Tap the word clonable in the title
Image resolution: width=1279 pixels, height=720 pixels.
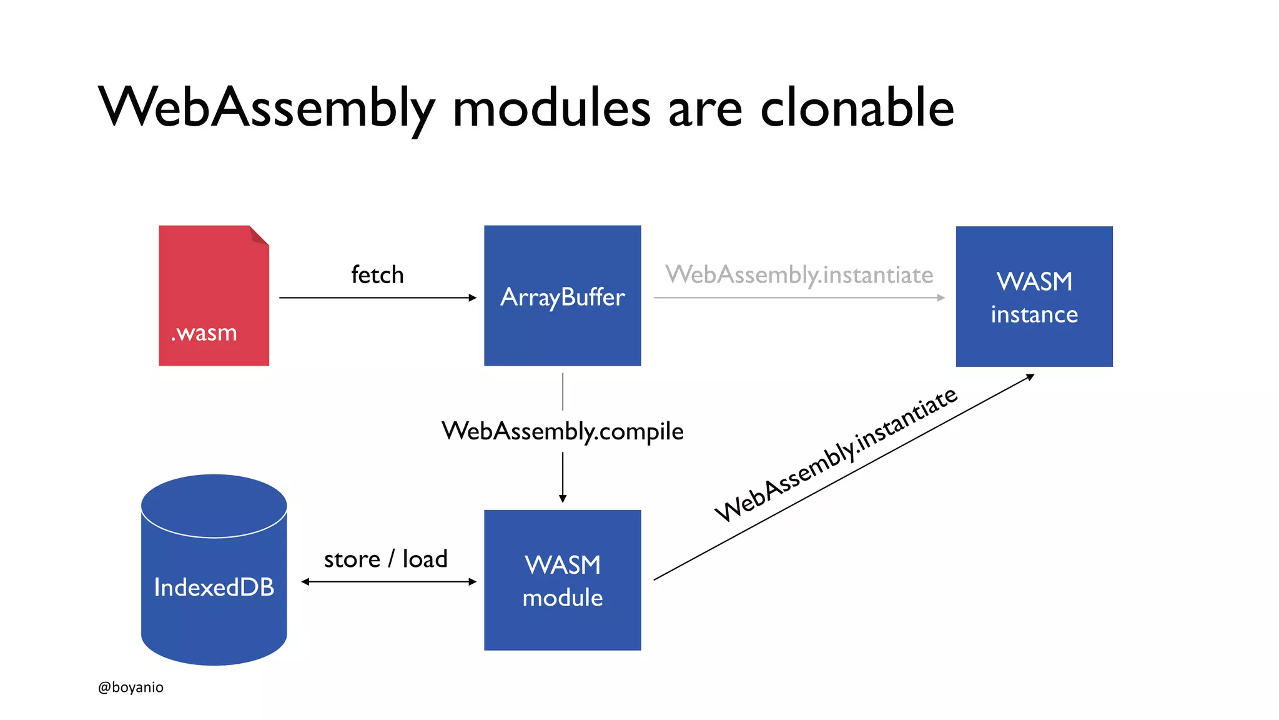coord(857,107)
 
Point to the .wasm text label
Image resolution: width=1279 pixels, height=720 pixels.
coord(204,333)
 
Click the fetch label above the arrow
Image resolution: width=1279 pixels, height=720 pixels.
coord(377,275)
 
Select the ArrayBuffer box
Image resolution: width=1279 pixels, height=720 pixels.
coord(562,296)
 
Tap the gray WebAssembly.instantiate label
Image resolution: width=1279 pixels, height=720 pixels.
coord(799,275)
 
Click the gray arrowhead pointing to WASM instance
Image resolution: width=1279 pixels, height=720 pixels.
coord(941,297)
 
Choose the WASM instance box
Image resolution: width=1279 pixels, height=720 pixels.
coord(1034,296)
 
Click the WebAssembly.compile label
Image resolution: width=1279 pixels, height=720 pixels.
coord(562,431)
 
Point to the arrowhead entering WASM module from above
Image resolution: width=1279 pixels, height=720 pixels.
coord(563,498)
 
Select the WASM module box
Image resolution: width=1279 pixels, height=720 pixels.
coord(562,580)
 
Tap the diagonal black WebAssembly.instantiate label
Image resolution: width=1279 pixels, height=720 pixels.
coord(836,454)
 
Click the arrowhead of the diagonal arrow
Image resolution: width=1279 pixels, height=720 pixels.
coord(1030,376)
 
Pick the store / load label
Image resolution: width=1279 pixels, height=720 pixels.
coord(385,559)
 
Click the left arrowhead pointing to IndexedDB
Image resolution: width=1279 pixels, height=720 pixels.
coord(305,582)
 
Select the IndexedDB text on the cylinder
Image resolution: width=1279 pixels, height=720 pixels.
coord(214,587)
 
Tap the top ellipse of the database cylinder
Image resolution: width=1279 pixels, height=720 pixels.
coord(214,505)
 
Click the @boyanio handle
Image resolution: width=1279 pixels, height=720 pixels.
coord(131,687)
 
